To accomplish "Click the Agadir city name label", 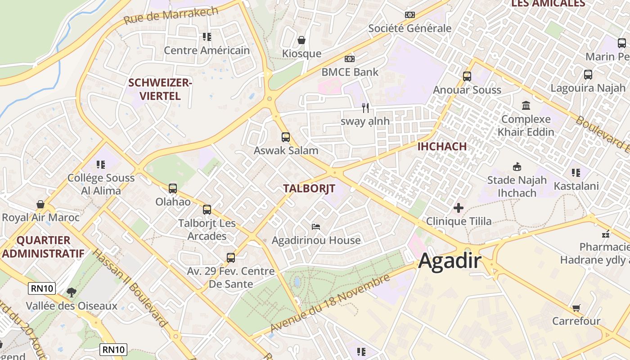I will [450, 261].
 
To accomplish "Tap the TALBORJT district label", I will [309, 189].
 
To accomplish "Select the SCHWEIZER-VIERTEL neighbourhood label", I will [160, 89].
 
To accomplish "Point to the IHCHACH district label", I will [442, 146].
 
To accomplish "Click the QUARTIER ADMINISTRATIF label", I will [43, 247].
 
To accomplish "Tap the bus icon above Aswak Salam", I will [285, 137].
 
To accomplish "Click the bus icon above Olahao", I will [173, 189].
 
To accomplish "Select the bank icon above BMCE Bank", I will [350, 59].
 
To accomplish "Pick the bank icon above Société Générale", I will [409, 15].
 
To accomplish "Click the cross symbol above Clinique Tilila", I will [458, 208].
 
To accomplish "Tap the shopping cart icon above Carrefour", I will [576, 308].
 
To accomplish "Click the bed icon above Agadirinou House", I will [316, 226].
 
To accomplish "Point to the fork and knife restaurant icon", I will [365, 108].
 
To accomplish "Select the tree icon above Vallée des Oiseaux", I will [71, 292].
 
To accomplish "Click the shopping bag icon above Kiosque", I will [301, 40].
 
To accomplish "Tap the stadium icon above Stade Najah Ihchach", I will [517, 166].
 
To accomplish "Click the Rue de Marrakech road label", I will [171, 16].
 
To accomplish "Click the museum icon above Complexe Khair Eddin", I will [526, 106].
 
